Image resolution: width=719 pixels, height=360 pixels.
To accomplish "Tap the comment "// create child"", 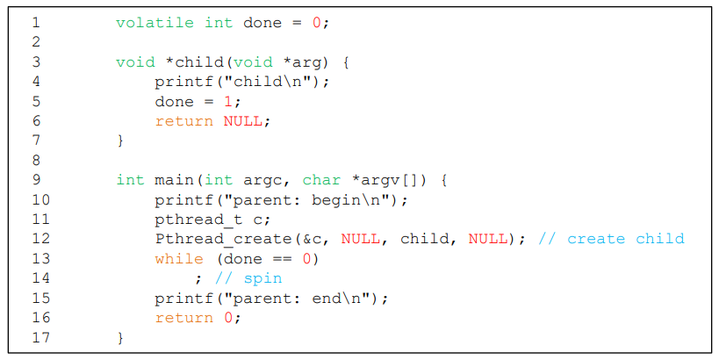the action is pos(611,239).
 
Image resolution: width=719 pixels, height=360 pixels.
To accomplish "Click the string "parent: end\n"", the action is pos(302,299).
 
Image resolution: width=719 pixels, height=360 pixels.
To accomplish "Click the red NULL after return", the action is pos(242,121).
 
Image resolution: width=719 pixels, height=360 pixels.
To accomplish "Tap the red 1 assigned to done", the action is pos(227,102).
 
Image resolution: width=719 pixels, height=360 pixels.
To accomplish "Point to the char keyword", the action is pos(321,180).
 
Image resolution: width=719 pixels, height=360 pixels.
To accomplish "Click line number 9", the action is pos(37,180).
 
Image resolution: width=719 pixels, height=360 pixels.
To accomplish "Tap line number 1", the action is pos(37,23).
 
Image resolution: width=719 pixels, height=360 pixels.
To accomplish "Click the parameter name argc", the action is pos(262,180).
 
